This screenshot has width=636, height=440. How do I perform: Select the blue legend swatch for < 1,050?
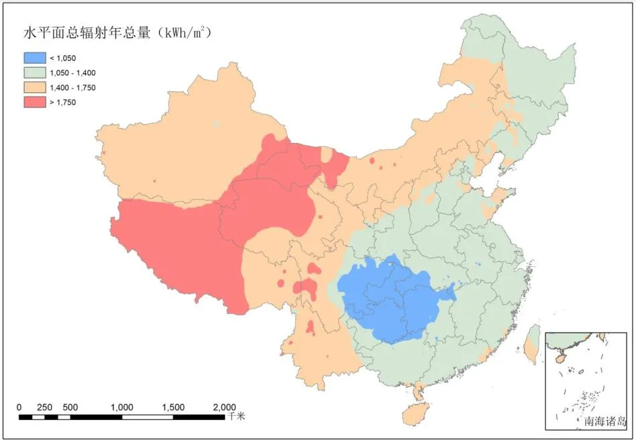click(x=34, y=58)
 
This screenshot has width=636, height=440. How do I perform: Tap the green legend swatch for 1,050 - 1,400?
click(x=34, y=73)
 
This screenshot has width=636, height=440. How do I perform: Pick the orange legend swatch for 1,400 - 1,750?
click(x=34, y=87)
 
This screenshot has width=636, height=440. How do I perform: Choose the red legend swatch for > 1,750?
click(x=34, y=102)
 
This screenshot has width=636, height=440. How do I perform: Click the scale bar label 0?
click(x=19, y=407)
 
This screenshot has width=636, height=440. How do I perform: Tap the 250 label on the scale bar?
click(x=44, y=407)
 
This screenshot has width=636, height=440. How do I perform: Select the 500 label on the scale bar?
click(x=70, y=407)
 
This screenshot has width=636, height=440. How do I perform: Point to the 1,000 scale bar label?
click(x=121, y=407)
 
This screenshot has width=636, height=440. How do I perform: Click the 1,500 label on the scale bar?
click(x=173, y=407)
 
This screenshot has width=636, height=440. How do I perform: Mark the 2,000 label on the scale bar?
click(x=224, y=407)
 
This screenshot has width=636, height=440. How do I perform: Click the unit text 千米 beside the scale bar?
click(x=236, y=417)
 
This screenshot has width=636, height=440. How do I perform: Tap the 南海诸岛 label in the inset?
click(x=604, y=422)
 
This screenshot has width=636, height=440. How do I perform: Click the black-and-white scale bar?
click(x=121, y=417)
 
